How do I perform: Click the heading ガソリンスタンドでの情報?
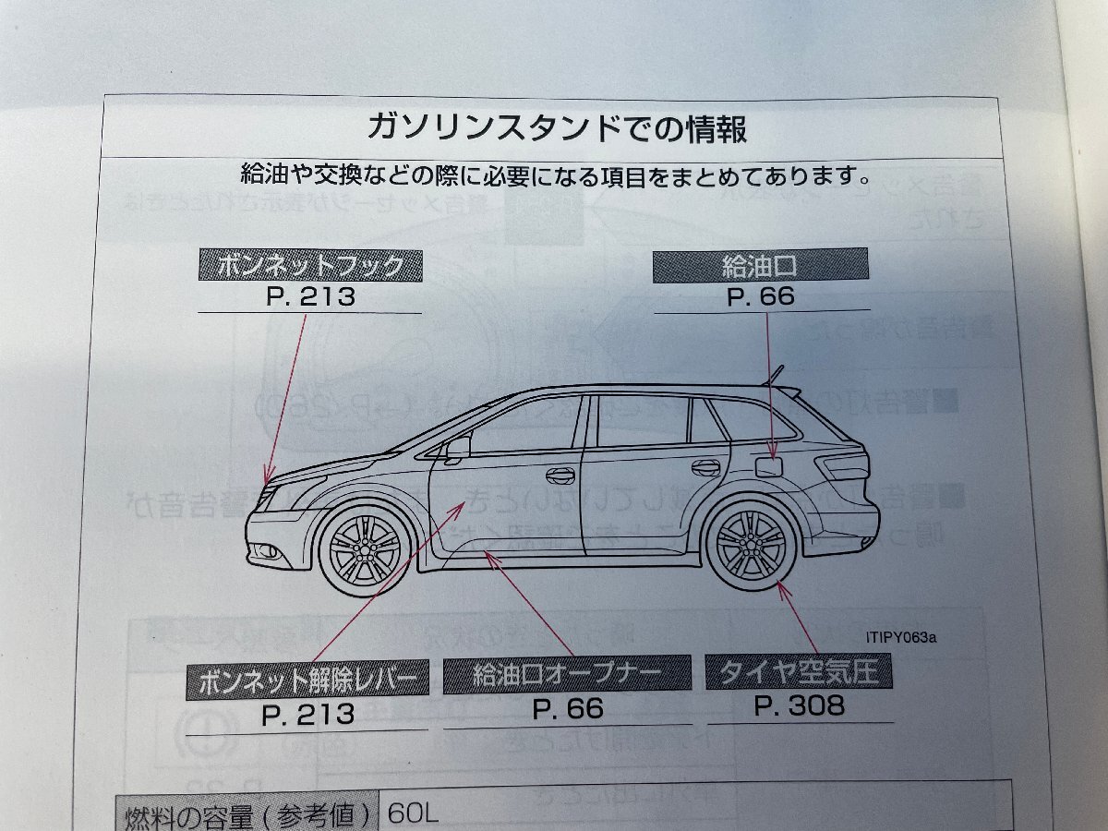point(558,126)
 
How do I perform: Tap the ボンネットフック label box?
point(310,267)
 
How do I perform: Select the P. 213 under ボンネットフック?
point(309,298)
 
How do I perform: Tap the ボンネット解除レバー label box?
point(307,680)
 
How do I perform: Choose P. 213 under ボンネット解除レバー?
point(307,713)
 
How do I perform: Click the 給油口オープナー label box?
point(567,675)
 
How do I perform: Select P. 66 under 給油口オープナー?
point(568,708)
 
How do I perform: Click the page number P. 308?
point(800,706)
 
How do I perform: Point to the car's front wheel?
point(365,550)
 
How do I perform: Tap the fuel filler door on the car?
point(768,465)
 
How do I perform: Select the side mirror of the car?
point(457,449)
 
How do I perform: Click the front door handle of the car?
point(559,476)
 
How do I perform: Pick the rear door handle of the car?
point(705,468)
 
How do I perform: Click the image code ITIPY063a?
point(908,635)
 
